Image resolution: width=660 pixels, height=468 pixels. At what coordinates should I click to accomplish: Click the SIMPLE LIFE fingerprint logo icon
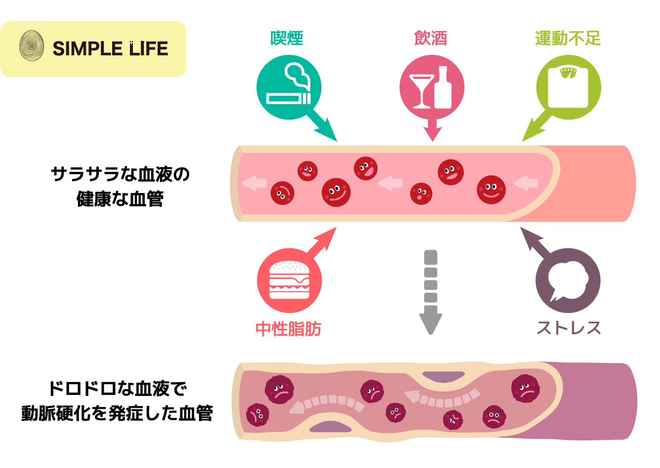click(32, 47)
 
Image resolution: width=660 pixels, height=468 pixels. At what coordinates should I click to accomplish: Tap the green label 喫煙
click(287, 38)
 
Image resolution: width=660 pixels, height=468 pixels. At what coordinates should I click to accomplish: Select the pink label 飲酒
click(430, 38)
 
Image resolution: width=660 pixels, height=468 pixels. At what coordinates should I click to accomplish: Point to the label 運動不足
click(568, 38)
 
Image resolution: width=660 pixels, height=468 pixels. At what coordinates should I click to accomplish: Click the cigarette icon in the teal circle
click(289, 97)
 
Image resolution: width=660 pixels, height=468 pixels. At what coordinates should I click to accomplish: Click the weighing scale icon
click(569, 87)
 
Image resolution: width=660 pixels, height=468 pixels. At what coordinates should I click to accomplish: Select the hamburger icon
click(289, 280)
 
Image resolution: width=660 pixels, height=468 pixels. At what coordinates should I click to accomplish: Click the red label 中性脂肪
click(289, 328)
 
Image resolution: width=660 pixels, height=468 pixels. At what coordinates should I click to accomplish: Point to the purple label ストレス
click(569, 328)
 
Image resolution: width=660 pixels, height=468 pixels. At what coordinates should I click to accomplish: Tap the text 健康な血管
click(120, 199)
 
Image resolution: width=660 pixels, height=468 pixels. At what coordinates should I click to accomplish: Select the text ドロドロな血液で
click(118, 389)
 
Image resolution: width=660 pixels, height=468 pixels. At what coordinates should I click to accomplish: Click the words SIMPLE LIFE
click(110, 48)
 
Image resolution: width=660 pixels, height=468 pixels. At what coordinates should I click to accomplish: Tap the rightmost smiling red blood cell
click(491, 189)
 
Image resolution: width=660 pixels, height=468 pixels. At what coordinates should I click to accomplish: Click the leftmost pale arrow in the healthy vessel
click(253, 183)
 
